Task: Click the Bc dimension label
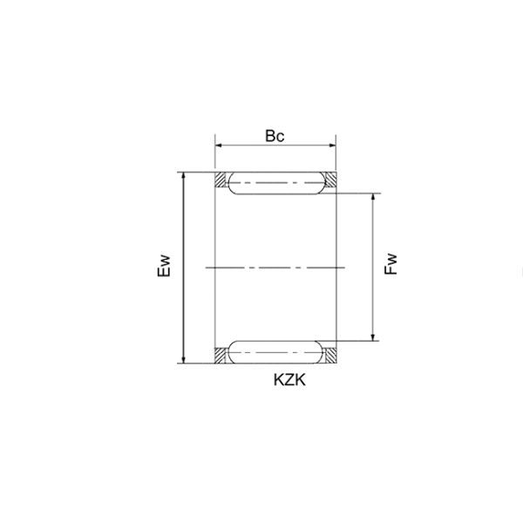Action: coord(275,136)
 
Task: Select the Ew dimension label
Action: coord(164,266)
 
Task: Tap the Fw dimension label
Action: coord(391,264)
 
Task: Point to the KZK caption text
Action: coord(289,380)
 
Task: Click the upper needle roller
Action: coord(276,183)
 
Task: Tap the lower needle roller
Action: coord(276,352)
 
